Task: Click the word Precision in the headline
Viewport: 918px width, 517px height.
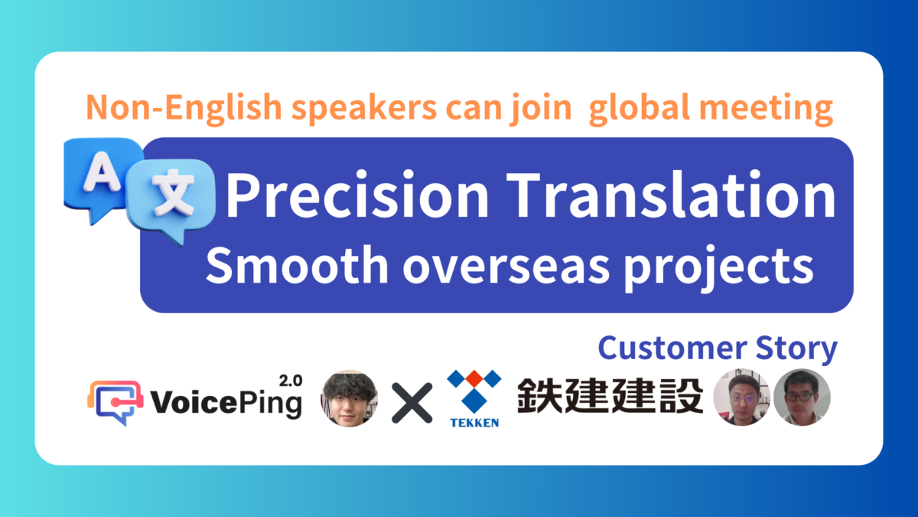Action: [357, 195]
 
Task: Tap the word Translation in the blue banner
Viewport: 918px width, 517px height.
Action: [671, 194]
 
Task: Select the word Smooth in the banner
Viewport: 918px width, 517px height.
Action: [297, 266]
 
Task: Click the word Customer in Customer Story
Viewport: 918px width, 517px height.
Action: [672, 348]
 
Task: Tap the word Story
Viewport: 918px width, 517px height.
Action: [796, 349]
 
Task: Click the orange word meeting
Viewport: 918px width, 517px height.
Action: [766, 108]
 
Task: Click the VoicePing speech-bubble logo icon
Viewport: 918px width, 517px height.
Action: [116, 403]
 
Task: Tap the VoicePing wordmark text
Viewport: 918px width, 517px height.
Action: [226, 403]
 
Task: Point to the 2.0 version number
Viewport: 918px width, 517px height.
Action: [291, 381]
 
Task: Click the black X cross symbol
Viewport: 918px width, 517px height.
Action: [412, 403]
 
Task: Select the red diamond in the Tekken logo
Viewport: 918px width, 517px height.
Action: [474, 378]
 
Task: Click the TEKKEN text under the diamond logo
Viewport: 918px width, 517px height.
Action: [474, 423]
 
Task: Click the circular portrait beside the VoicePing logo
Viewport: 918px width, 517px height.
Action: [349, 398]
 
